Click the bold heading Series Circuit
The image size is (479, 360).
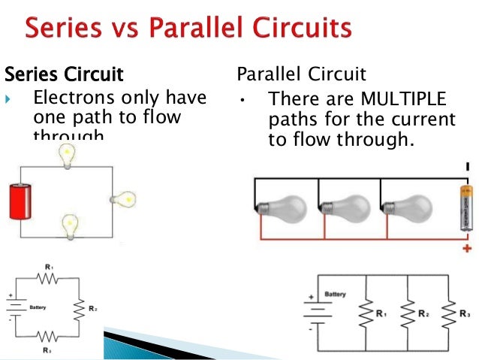[x=64, y=75]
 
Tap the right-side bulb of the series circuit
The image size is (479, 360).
[x=124, y=200]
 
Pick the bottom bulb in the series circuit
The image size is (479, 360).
[x=70, y=225]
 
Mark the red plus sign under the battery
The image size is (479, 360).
[x=467, y=248]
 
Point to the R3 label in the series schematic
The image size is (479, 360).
[x=47, y=350]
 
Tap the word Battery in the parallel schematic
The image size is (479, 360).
[x=334, y=294]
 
